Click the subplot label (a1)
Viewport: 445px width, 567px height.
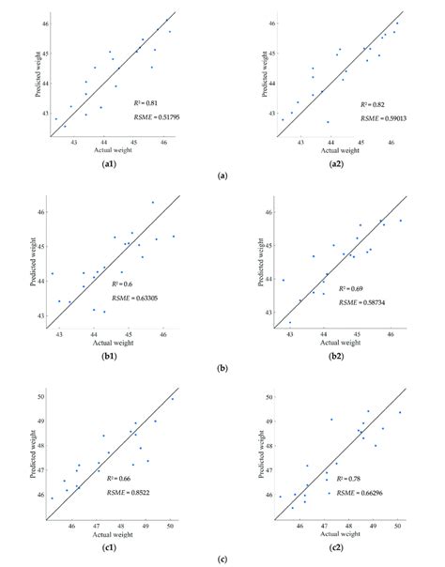tap(109, 166)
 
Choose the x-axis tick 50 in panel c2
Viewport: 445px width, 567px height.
tap(398, 524)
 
